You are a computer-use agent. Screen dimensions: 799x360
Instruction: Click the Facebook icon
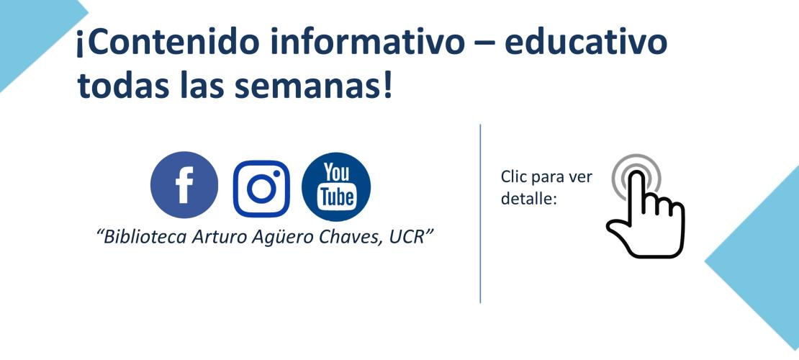184,185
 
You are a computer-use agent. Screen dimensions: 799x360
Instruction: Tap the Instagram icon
261,189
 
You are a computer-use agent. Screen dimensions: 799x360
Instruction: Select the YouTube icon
336,186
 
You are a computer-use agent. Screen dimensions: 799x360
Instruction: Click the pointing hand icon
645,206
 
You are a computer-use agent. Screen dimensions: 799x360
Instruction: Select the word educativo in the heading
585,42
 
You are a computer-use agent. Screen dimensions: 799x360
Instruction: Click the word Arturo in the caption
217,238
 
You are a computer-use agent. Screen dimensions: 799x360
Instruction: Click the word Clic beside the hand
513,176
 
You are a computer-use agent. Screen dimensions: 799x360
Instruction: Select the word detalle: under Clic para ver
528,198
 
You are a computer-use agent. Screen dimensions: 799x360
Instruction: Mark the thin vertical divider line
480,214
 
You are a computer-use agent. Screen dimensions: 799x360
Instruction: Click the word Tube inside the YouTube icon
336,197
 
